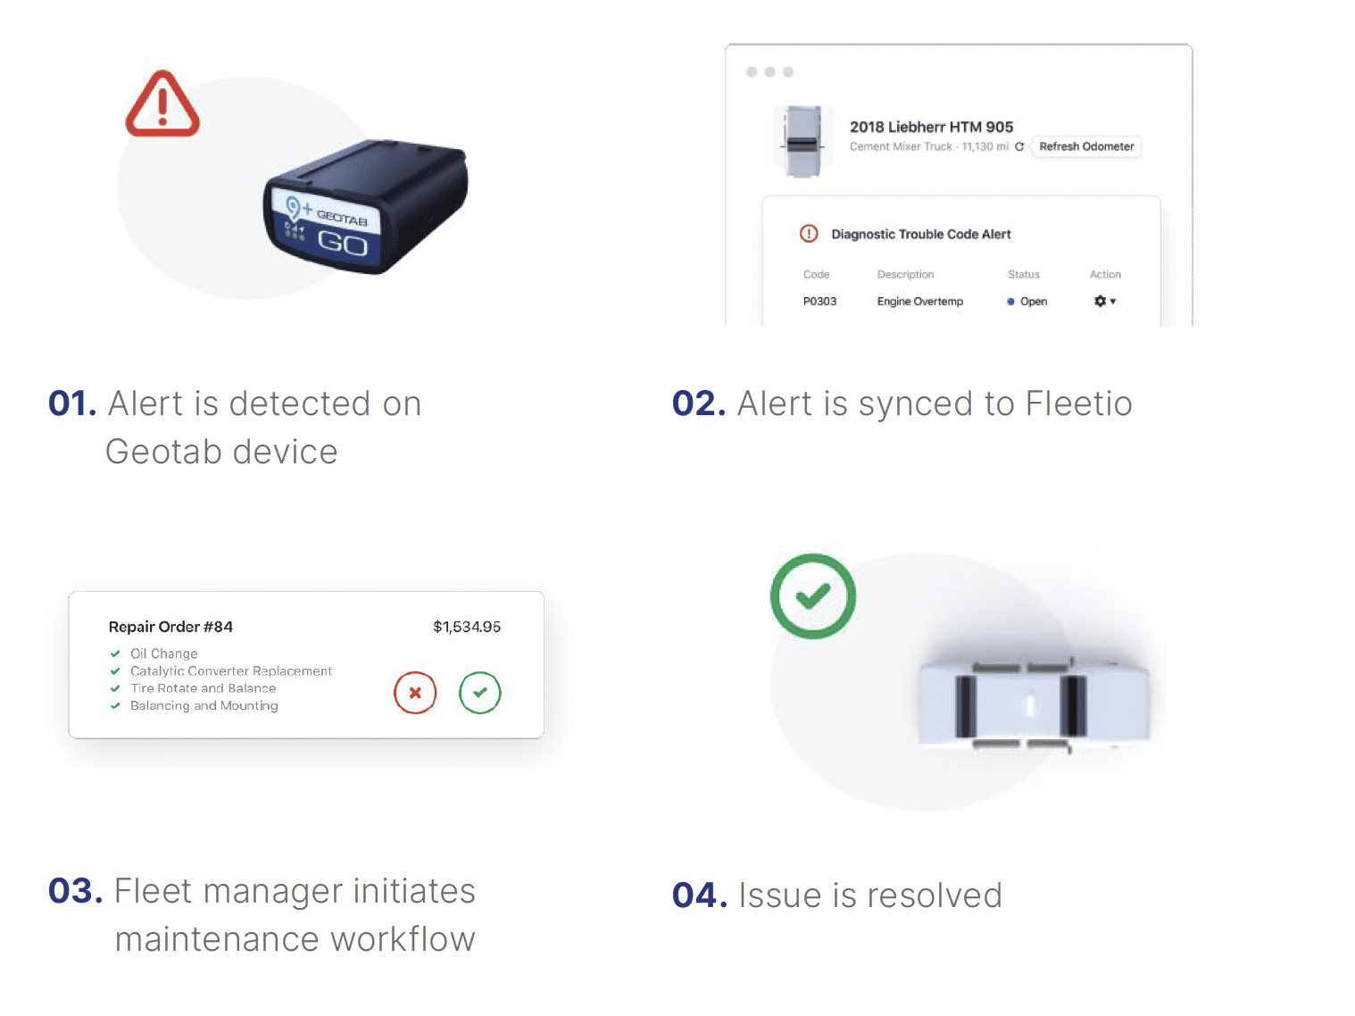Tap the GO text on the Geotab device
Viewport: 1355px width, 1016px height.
click(x=343, y=243)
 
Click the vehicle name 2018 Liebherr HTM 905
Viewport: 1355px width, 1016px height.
click(x=931, y=127)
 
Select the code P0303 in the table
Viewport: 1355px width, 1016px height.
click(x=819, y=301)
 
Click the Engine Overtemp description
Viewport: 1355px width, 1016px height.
click(x=919, y=301)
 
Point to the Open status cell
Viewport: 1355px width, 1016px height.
click(x=1027, y=301)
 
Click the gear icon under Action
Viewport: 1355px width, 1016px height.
click(x=1100, y=301)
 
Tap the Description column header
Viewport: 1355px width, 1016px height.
click(x=905, y=274)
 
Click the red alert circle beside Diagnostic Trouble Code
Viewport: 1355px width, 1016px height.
click(x=808, y=234)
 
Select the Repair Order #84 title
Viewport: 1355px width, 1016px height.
click(x=170, y=627)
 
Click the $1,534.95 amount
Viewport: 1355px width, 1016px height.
click(x=466, y=627)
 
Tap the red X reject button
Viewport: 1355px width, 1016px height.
click(x=415, y=693)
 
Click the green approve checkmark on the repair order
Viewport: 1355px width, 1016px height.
click(x=479, y=693)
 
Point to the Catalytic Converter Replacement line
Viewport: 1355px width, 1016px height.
click(x=231, y=671)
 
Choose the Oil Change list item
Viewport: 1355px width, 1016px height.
click(x=163, y=654)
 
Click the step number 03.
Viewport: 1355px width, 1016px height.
click(x=75, y=891)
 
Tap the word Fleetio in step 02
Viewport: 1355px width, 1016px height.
click(x=1077, y=404)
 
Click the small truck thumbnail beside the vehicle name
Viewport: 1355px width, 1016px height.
click(x=802, y=142)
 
